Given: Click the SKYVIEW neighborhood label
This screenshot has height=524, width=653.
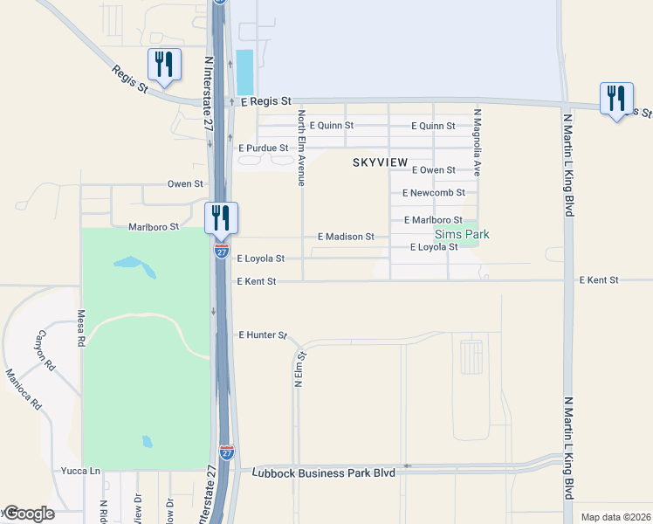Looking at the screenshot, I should pos(380,163).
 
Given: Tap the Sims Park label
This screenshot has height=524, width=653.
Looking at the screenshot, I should pos(462,234).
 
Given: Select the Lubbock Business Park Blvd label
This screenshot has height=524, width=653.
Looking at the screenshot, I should pos(323,472).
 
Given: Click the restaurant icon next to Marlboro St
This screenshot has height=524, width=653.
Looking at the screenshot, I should pos(221,217).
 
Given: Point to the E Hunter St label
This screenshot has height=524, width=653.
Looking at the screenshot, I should pos(263,334).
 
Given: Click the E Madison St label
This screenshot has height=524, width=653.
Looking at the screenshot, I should pos(346,237).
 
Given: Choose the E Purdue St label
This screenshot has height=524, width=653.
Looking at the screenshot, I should pos(263,148).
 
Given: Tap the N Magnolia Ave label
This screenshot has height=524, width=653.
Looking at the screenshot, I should pos(478,143).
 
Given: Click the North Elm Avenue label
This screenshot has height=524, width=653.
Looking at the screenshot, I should pos(301,148).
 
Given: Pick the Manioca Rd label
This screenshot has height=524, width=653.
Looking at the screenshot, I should pos(23,390).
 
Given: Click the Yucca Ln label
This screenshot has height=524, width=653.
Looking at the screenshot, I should pos(80,471).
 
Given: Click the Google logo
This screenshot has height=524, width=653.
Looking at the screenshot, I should pos(28,514).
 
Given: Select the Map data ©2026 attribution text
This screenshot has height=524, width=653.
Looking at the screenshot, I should pos(615,517).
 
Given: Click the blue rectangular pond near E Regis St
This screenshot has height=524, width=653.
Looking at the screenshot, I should pos(244,72).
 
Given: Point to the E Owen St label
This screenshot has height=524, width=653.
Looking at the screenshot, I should pos(434,170).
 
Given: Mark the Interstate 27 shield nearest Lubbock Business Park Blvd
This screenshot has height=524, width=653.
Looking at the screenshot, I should pos(227,452).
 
